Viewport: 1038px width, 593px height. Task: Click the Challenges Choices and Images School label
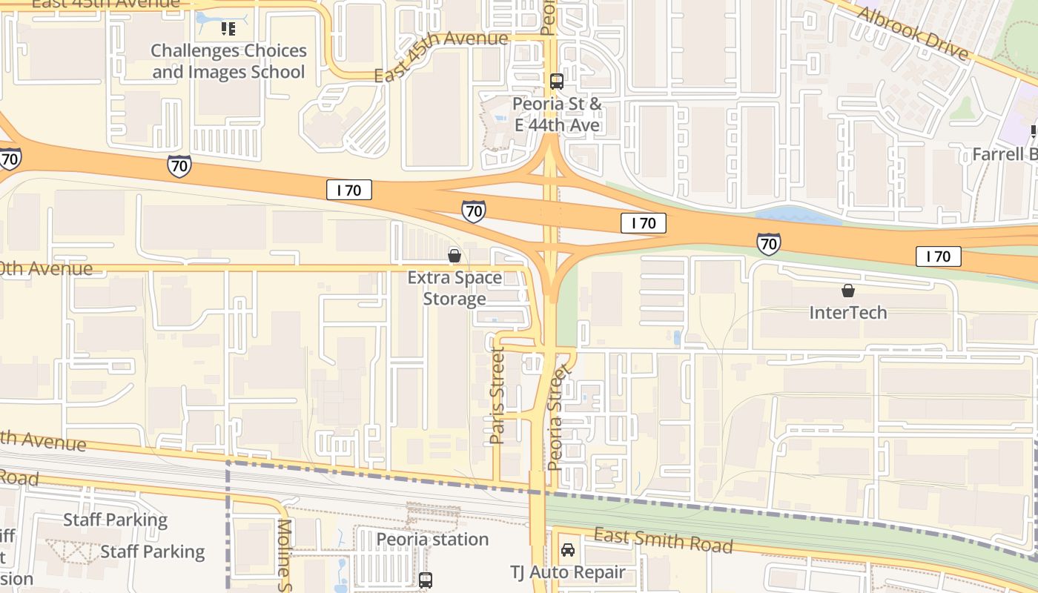point(228,62)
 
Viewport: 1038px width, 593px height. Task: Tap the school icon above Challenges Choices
point(228,30)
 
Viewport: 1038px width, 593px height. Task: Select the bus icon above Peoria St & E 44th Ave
point(557,82)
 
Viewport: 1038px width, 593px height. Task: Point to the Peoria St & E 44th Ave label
point(557,115)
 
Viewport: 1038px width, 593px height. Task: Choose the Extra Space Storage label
point(454,288)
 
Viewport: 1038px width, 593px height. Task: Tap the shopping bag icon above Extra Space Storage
point(454,256)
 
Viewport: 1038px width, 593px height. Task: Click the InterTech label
point(847,312)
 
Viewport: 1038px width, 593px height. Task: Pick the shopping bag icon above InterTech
point(847,291)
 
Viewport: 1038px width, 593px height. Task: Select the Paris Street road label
point(497,396)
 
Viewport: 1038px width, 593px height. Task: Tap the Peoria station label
point(432,539)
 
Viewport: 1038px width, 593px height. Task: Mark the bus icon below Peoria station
point(426,580)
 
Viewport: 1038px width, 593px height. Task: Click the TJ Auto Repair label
point(568,573)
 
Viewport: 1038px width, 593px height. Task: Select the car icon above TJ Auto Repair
point(568,550)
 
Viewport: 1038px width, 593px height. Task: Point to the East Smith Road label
point(664,541)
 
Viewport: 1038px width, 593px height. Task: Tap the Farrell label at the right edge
point(1005,155)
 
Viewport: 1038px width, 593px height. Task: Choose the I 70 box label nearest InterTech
point(939,256)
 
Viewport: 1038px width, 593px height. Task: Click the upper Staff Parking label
point(115,520)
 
